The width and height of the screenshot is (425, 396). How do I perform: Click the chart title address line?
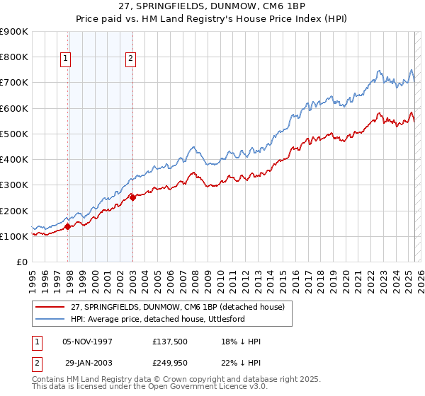(212, 8)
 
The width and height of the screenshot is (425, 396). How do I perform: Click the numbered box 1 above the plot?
(65, 59)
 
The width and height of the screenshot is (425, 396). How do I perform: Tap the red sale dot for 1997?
(68, 227)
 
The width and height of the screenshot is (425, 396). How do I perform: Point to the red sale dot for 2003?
(133, 198)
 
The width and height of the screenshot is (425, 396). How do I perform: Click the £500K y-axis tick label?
(14, 134)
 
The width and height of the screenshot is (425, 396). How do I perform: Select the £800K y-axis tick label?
(14, 57)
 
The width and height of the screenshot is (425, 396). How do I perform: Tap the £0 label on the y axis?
(21, 262)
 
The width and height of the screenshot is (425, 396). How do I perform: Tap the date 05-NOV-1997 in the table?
(88, 342)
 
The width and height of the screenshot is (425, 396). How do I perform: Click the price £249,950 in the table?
(171, 361)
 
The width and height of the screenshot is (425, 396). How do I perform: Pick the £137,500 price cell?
(171, 342)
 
